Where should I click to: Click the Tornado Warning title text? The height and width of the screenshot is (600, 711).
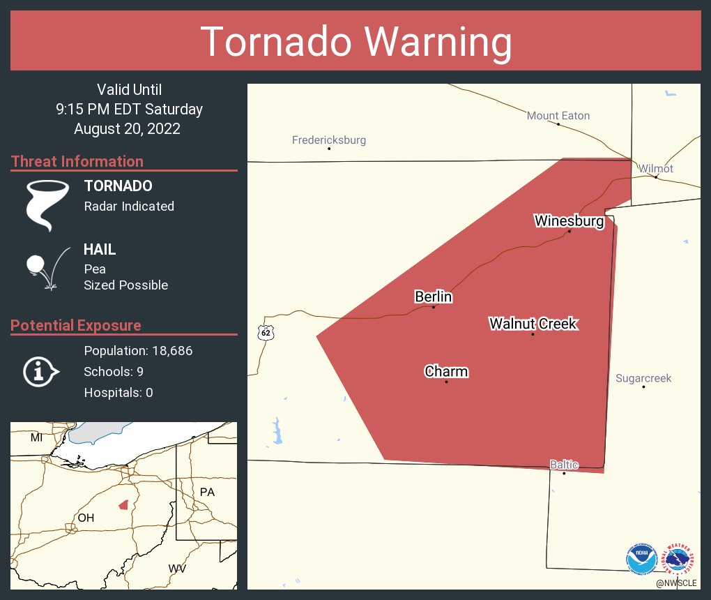(356, 41)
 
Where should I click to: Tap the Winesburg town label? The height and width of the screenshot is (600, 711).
(568, 221)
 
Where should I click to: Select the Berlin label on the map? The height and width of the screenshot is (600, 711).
(434, 297)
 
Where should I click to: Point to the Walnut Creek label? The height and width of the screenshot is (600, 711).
(533, 324)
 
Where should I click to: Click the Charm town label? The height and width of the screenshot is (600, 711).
(446, 372)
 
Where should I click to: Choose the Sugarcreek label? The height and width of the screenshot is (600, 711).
(643, 378)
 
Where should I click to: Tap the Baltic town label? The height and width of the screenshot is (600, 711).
(563, 464)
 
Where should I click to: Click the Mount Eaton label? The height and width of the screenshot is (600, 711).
(558, 116)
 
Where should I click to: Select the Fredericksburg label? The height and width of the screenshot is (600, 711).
(329, 140)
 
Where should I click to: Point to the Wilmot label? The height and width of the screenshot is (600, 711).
(656, 169)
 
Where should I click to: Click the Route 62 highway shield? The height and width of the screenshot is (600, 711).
(266, 332)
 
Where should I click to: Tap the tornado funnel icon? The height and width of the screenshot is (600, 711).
(47, 205)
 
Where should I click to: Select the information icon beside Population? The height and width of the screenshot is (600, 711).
(41, 372)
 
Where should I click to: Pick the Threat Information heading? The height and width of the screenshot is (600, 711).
(77, 161)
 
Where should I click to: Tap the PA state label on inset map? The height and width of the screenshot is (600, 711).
(207, 492)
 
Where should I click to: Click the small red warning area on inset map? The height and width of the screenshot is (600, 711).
(123, 504)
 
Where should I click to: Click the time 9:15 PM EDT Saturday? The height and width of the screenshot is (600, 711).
(130, 110)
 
